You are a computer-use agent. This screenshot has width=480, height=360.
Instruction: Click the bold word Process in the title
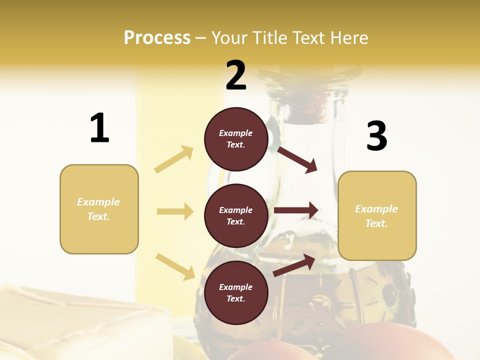tap(157, 37)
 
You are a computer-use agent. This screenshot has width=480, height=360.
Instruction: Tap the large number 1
tap(99, 128)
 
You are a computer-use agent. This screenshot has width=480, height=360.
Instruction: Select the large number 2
tap(236, 75)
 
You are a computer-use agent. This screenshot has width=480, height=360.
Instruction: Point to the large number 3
tap(376, 136)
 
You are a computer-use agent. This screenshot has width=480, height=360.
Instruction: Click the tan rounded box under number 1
tap(99, 209)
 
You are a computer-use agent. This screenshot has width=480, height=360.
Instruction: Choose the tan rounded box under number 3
tap(377, 215)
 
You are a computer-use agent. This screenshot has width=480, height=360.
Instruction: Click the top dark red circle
tap(236, 139)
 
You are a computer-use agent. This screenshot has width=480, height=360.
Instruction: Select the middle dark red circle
tap(236, 215)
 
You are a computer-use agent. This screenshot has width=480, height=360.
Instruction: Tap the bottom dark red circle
tap(236, 292)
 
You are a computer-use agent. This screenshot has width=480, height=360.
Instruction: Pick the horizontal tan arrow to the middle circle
tap(175, 211)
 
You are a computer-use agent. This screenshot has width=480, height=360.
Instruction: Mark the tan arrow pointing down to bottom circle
tap(175, 266)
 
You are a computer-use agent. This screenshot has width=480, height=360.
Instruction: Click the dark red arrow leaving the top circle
tap(297, 159)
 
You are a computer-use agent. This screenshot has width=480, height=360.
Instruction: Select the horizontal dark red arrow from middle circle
tap(296, 210)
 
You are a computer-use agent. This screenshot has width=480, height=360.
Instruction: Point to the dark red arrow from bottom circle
tap(294, 265)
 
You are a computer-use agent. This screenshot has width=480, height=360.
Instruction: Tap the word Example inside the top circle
tap(236, 133)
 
